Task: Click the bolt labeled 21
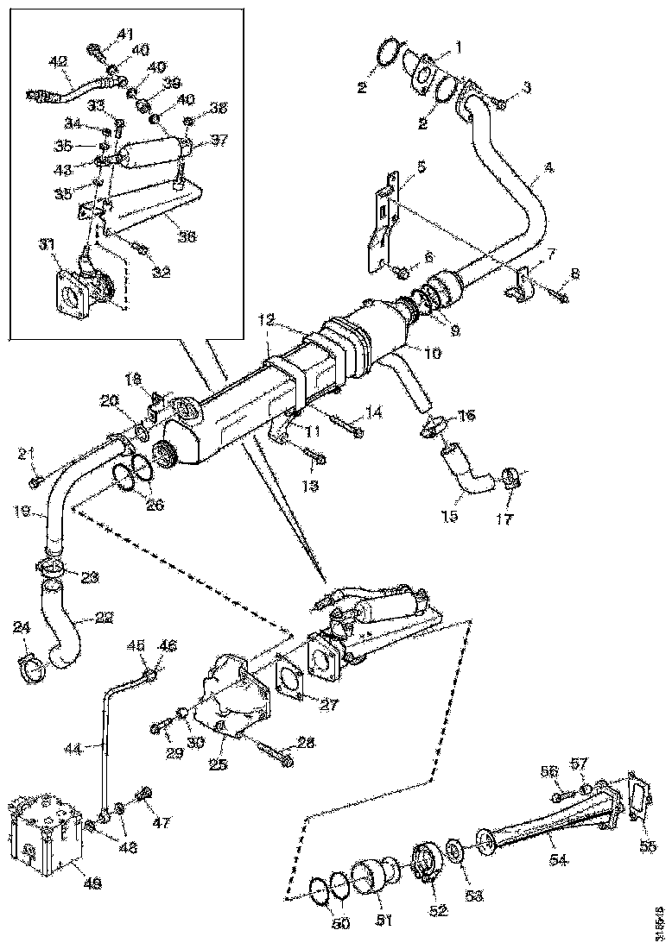coord(35,480)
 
